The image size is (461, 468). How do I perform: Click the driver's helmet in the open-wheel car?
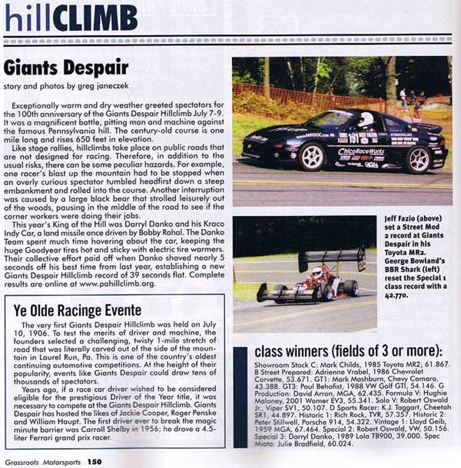(316, 273)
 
